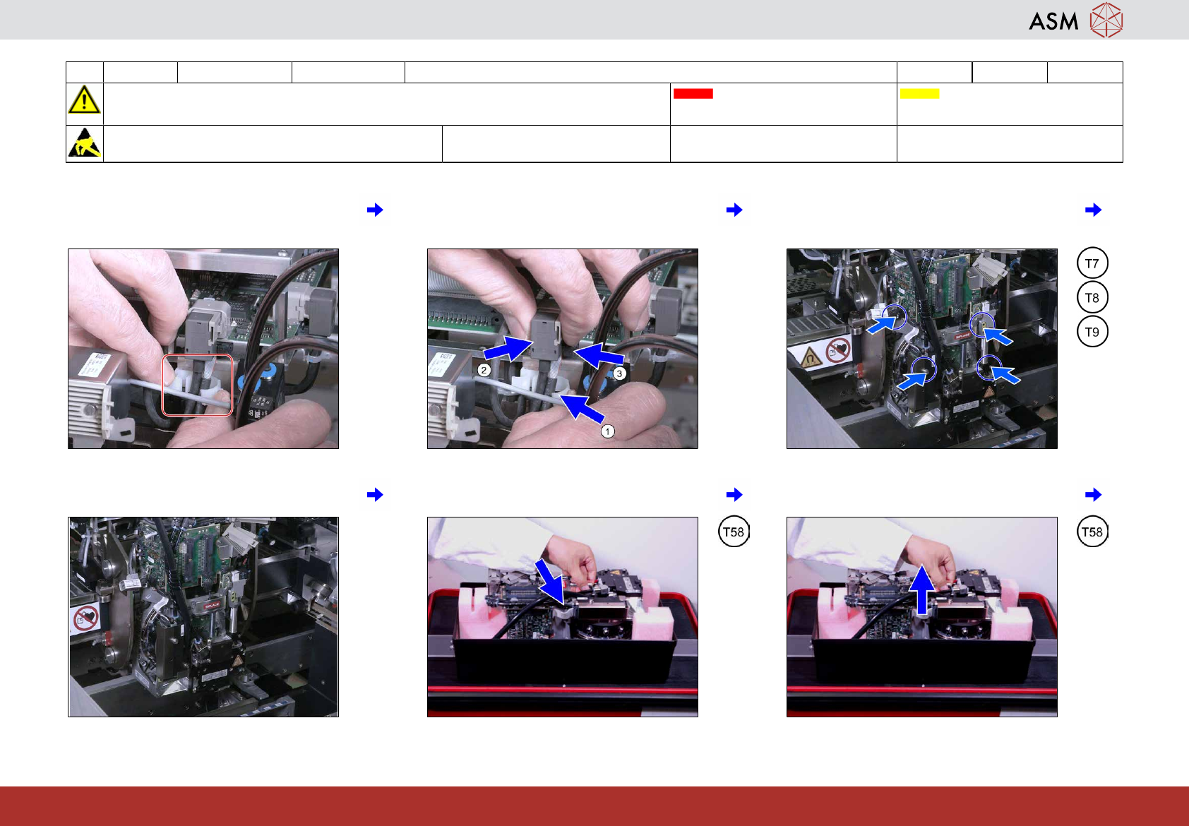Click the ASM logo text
point(1053,21)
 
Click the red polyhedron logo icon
point(1106,20)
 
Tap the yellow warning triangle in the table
point(84,100)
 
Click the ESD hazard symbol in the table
point(84,143)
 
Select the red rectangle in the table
point(693,93)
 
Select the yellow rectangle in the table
point(919,93)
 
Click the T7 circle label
point(1092,263)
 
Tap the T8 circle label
point(1092,298)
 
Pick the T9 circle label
point(1092,332)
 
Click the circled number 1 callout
point(607,431)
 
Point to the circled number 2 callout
point(484,370)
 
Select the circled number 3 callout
point(619,373)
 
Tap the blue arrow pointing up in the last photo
point(923,589)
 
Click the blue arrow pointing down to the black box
point(551,580)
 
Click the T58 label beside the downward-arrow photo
point(734,532)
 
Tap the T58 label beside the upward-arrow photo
point(1092,532)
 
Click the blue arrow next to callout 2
point(508,348)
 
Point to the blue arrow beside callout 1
point(581,407)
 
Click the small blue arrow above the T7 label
point(1093,210)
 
